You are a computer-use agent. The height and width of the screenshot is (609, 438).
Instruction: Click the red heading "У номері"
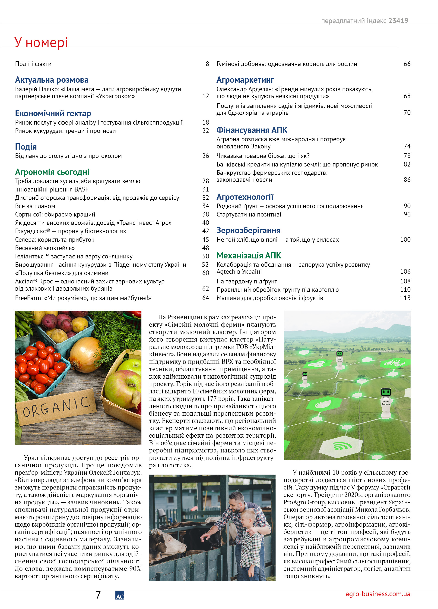tap(41, 42)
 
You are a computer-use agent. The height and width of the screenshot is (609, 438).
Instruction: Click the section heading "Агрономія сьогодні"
tap(52, 172)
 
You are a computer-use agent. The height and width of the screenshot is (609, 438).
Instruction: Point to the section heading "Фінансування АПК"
tap(252, 130)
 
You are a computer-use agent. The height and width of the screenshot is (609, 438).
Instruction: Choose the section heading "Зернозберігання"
tap(248, 230)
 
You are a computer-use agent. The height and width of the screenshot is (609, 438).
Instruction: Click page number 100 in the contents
tap(405, 239)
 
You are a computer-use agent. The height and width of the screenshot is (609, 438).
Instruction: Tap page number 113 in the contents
tap(405, 298)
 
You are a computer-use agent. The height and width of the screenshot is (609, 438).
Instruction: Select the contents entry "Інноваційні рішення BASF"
tap(52, 189)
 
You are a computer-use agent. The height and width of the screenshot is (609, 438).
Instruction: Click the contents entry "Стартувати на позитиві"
tap(249, 214)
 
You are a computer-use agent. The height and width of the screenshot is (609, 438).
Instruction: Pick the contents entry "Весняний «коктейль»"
tap(45, 248)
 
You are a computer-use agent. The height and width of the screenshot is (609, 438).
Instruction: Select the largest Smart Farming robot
tap(386, 403)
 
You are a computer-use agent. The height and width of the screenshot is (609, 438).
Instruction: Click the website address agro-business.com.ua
tap(378, 594)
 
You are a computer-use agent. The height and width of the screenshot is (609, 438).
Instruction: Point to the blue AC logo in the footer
tap(120, 595)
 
